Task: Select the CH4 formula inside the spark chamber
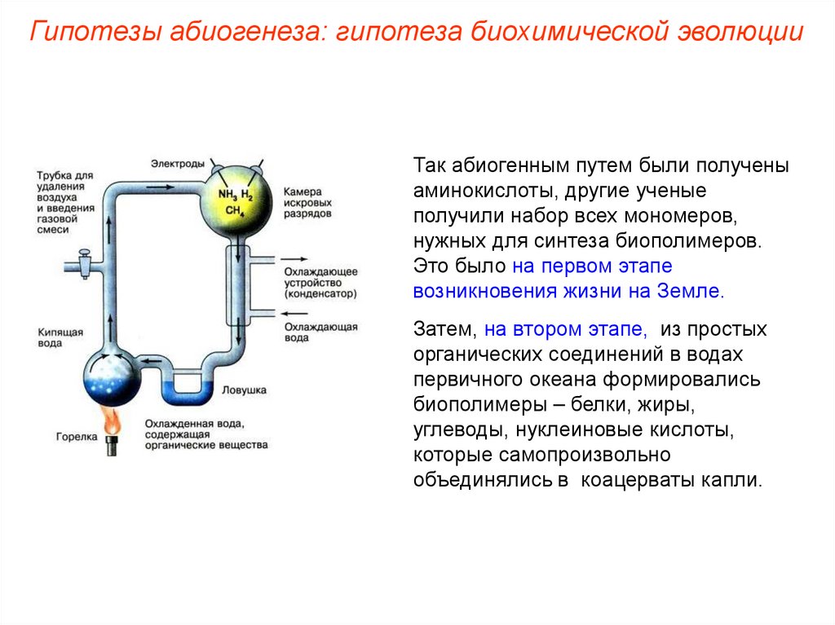pos(234,211)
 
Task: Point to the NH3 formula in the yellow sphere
pos(227,194)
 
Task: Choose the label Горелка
pos(77,438)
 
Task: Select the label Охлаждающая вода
pos(320,332)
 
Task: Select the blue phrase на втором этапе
pos(566,330)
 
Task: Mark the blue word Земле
pos(693,292)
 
